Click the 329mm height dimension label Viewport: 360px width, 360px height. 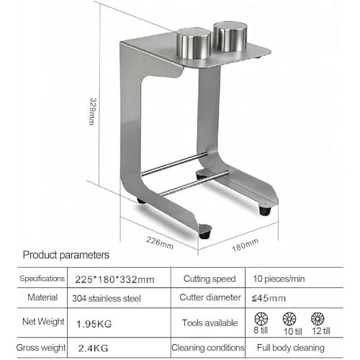93,112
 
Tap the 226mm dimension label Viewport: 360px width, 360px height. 160,243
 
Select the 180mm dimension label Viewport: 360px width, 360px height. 246,245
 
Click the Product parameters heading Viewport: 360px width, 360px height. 66,255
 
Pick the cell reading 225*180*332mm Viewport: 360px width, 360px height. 114,279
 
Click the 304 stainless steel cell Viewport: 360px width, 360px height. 107,299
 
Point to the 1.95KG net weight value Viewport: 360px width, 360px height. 94,324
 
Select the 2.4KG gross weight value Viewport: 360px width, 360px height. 93,348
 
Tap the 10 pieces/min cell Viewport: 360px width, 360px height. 279,279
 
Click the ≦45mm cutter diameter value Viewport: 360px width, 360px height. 269,298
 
